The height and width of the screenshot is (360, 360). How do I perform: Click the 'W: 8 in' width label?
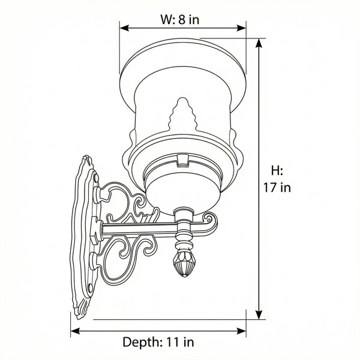point(180,19)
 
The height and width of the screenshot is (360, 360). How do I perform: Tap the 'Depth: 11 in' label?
point(158,342)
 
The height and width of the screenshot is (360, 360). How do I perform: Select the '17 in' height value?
point(277,187)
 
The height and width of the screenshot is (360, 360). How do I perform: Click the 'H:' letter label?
point(277,171)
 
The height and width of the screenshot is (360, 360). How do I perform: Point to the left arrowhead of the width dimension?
point(124,28)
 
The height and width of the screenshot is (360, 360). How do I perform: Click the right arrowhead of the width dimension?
point(241,28)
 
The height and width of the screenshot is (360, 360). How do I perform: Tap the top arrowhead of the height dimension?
point(259,43)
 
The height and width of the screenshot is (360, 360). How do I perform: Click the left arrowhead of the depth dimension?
point(76,331)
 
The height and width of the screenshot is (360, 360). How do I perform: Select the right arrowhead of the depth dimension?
point(241,331)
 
